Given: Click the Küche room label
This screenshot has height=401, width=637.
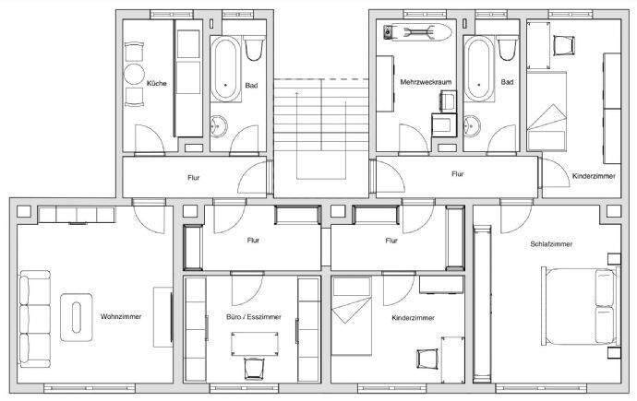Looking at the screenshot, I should pos(156,85).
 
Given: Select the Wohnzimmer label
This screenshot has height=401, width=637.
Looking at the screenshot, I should pos(120,316).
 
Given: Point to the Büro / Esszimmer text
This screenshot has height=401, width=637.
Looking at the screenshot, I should pos(253,317).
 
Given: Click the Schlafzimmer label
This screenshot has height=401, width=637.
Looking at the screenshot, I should pos(551,244).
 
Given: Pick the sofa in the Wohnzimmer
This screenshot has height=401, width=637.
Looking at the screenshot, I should pos(35,316).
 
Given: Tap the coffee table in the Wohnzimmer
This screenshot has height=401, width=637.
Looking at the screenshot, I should pos(77,315).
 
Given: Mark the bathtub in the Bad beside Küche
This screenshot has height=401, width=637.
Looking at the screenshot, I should pos(225,70).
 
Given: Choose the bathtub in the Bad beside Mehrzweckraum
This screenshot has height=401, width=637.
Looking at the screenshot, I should pos(478,70).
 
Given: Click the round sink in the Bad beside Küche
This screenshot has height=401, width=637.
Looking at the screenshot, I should pos(222,126).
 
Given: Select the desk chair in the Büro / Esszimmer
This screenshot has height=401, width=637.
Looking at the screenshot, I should pos(252,367).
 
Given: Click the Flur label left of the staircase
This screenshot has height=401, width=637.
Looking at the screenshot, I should pos(192,176).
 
